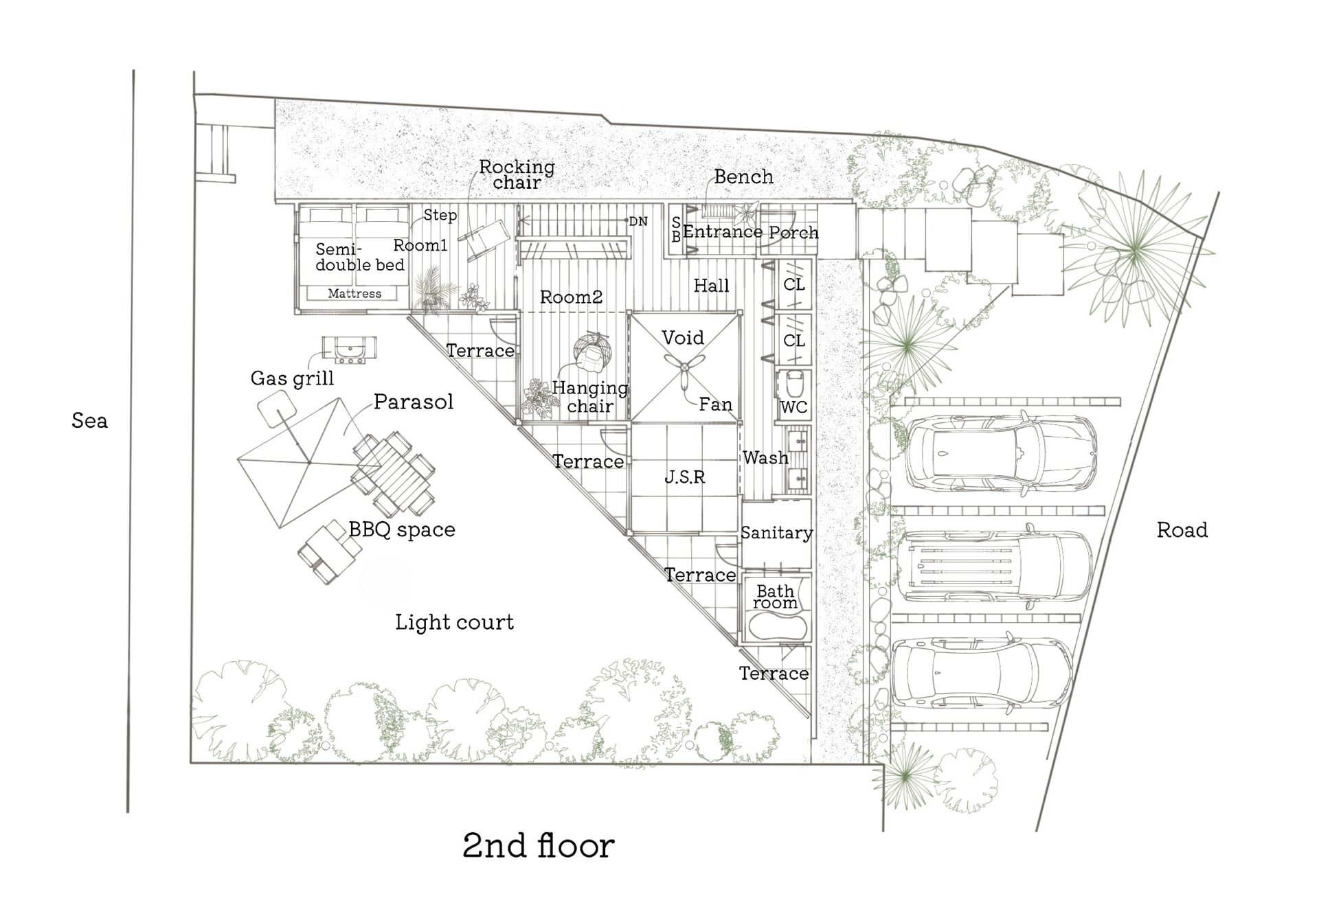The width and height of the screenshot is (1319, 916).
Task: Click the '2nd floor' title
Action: coord(539,846)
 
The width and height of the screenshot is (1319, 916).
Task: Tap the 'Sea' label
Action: coord(89,420)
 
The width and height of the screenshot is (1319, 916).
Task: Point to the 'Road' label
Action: coord(1182,529)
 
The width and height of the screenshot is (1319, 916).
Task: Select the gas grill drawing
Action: coord(350,350)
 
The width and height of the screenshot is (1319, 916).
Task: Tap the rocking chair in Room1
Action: coord(484,240)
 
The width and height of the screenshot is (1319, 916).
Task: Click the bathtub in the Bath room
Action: coord(775,626)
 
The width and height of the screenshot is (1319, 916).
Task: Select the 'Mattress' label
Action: coord(354,293)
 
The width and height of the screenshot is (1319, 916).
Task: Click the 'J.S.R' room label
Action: coord(684,477)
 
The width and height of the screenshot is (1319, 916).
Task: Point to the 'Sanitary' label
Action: coord(776,532)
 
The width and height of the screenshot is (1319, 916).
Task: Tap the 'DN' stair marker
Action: coord(638,221)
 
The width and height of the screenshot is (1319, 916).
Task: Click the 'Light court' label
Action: coord(454,622)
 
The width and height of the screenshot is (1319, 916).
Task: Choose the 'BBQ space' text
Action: coord(402,529)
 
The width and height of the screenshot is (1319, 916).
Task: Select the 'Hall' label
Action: coord(711,286)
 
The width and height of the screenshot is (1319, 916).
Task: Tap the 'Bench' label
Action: coord(743,176)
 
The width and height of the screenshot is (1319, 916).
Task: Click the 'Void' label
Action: coord(683,337)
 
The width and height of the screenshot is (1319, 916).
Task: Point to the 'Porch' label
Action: coord(793,233)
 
